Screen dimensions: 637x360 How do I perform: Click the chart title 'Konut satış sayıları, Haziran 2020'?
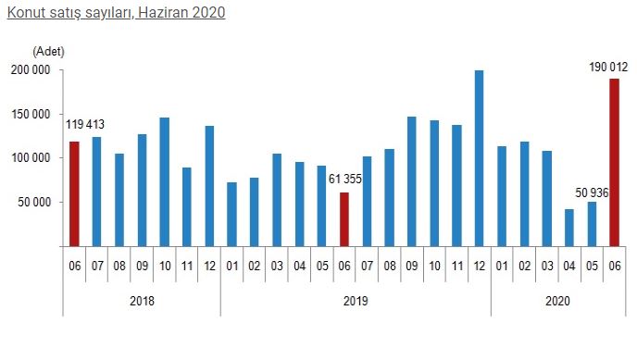tap(116, 12)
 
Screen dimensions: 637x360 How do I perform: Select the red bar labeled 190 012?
tap(614, 162)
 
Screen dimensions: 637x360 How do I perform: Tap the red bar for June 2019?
tap(344, 219)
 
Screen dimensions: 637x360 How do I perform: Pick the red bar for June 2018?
tap(74, 194)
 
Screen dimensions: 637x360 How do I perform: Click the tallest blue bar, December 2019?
tap(480, 158)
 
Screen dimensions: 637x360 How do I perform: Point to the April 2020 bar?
tap(569, 228)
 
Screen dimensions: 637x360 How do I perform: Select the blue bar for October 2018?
tap(165, 181)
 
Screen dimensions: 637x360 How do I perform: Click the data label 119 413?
tap(85, 124)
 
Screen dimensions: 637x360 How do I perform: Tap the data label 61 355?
tap(345, 179)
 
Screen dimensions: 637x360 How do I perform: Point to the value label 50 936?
tap(592, 192)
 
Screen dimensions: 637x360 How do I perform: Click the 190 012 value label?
tap(608, 67)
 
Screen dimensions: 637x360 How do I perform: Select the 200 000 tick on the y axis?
tap(31, 70)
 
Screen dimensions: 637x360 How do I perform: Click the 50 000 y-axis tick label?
tap(34, 202)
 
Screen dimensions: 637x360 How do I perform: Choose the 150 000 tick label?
tap(31, 115)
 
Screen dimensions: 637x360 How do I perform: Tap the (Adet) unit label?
tap(48, 52)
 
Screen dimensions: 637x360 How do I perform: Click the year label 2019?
tap(356, 301)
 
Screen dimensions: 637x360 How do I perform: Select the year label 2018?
tap(142, 301)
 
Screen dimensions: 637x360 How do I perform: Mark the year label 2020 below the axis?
tap(557, 301)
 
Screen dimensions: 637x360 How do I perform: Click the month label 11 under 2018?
tap(187, 267)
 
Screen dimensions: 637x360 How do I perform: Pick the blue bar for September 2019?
tap(411, 181)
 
